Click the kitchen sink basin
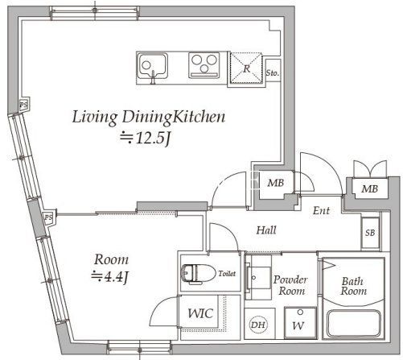coord(153,66)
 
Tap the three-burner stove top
coord(204,65)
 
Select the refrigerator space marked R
coord(246,68)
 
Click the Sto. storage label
coord(273,72)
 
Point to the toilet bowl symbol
coord(199,274)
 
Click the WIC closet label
coord(200,313)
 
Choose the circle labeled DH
coord(258,325)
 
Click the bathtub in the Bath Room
coord(354,323)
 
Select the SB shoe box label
coord(370,233)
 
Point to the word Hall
coord(266,230)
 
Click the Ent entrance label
coord(321,210)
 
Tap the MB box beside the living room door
coord(276,183)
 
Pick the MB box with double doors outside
coord(370,189)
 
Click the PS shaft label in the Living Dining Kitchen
coord(24,105)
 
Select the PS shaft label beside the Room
coord(48,217)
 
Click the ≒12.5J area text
coord(146,138)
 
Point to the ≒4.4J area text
coord(109,276)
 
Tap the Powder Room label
coord(290,285)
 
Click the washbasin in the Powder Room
coord(258,278)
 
